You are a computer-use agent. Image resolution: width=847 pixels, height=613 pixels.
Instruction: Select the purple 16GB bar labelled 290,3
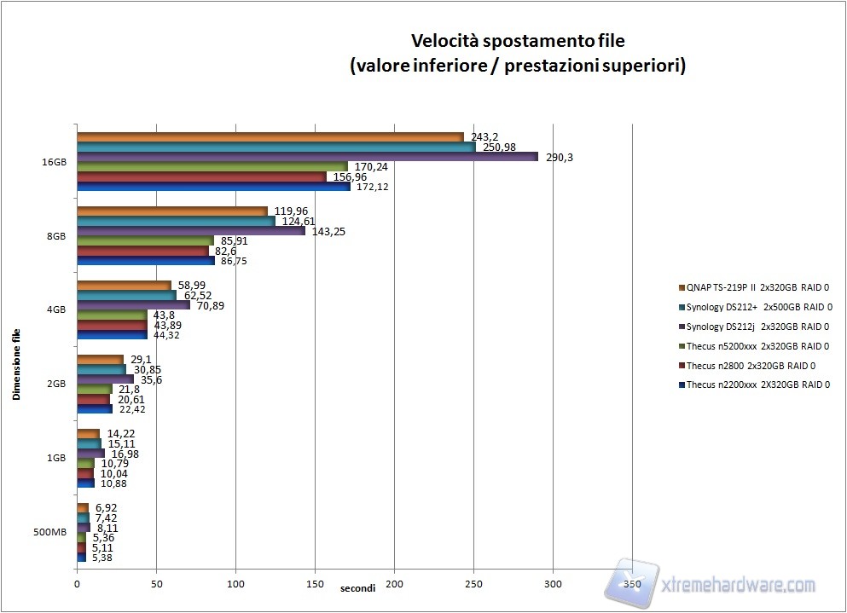pyautogui.click(x=307, y=157)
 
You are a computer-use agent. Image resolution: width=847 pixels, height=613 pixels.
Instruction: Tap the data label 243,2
pyautogui.click(x=484, y=136)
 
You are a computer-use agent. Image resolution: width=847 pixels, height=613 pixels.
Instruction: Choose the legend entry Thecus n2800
pyautogui.click(x=742, y=366)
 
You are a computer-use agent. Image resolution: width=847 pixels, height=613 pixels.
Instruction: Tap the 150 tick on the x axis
pyautogui.click(x=315, y=584)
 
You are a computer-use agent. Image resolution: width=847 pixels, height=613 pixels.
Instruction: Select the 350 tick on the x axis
pyautogui.click(x=632, y=584)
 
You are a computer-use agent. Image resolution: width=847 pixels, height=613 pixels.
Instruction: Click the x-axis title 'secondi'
pyautogui.click(x=357, y=589)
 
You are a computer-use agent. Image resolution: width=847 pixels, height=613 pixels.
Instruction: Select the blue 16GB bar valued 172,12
pyautogui.click(x=213, y=187)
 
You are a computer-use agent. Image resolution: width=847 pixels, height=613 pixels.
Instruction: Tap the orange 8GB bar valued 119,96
pyautogui.click(x=172, y=211)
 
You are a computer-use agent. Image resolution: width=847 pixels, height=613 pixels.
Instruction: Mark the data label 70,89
pyautogui.click(x=212, y=305)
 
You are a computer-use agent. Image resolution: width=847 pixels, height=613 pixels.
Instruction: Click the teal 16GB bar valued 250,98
pyautogui.click(x=276, y=147)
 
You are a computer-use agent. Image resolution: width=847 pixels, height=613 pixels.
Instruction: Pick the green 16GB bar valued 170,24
pyautogui.click(x=212, y=166)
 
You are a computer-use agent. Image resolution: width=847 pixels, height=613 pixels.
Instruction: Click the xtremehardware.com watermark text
pyautogui.click(x=739, y=585)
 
